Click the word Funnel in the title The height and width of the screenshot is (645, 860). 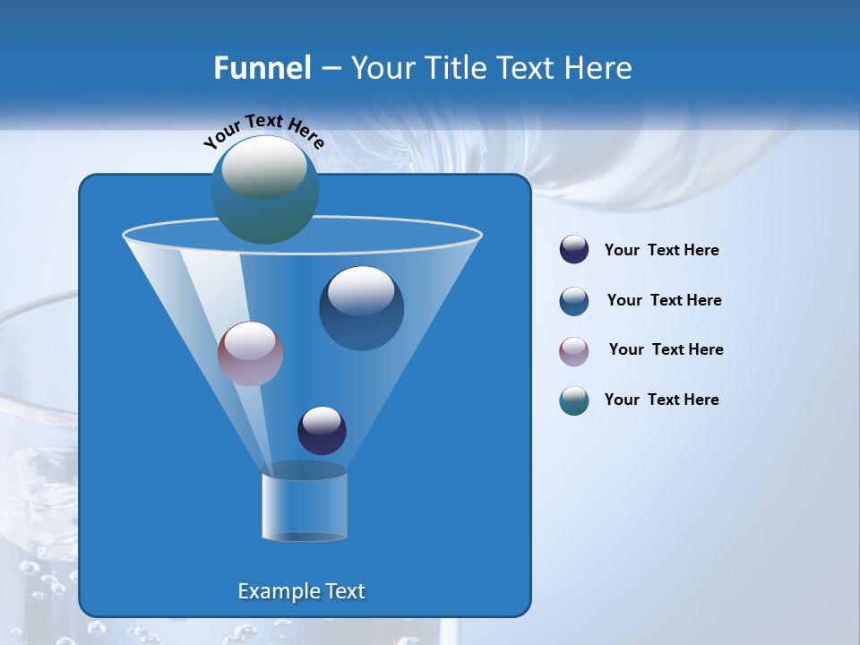[x=262, y=68]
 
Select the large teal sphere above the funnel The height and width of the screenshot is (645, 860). [x=264, y=190]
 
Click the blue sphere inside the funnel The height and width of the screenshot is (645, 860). [x=361, y=308]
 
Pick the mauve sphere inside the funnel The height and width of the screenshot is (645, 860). [x=250, y=354]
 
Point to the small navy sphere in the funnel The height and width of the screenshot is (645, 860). [x=322, y=430]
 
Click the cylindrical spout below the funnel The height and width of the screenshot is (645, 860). [x=304, y=503]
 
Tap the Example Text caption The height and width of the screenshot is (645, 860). [x=302, y=591]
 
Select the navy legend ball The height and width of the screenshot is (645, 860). [x=574, y=250]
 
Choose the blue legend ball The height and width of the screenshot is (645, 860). [x=574, y=301]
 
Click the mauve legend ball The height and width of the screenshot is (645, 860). [x=574, y=351]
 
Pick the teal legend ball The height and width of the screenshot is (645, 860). [x=574, y=400]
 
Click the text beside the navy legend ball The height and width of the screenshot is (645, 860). [x=661, y=251]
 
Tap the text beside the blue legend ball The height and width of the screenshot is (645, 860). [x=664, y=301]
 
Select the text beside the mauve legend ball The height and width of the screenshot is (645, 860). [x=666, y=350]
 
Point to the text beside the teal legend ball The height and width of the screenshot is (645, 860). [x=661, y=400]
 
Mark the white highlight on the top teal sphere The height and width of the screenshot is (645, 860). [x=263, y=167]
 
